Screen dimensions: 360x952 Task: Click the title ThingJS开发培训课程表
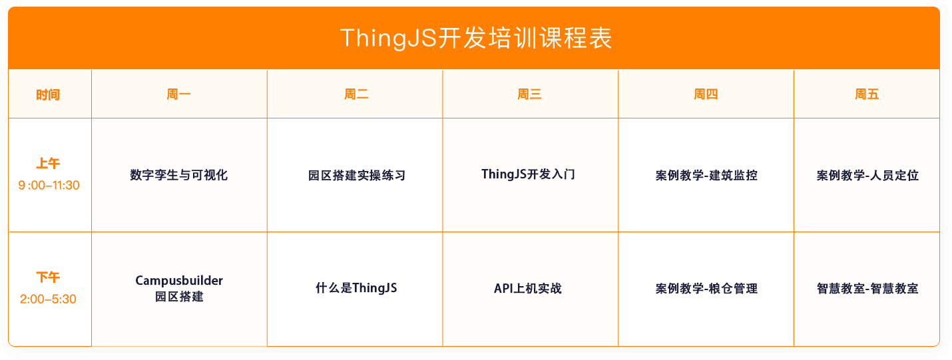coord(475,38)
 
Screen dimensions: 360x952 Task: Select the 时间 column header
coord(48,94)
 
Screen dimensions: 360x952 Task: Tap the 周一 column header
coord(178,94)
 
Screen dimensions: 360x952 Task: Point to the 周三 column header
coord(529,94)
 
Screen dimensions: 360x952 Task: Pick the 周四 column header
coord(706,94)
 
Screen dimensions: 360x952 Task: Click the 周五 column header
coord(867,94)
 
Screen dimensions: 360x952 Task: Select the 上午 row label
coord(48,164)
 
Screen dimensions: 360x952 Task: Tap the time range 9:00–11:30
coord(49,185)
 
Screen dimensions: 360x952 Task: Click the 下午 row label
coord(48,277)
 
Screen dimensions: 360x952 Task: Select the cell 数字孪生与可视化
coord(178,176)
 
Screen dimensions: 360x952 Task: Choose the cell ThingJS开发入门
coord(528,174)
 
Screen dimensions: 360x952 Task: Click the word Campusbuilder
coord(178,281)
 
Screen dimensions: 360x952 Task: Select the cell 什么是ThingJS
coord(356,288)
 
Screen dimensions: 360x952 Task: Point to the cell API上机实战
coord(527,288)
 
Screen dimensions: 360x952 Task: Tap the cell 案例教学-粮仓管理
coord(706,289)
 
